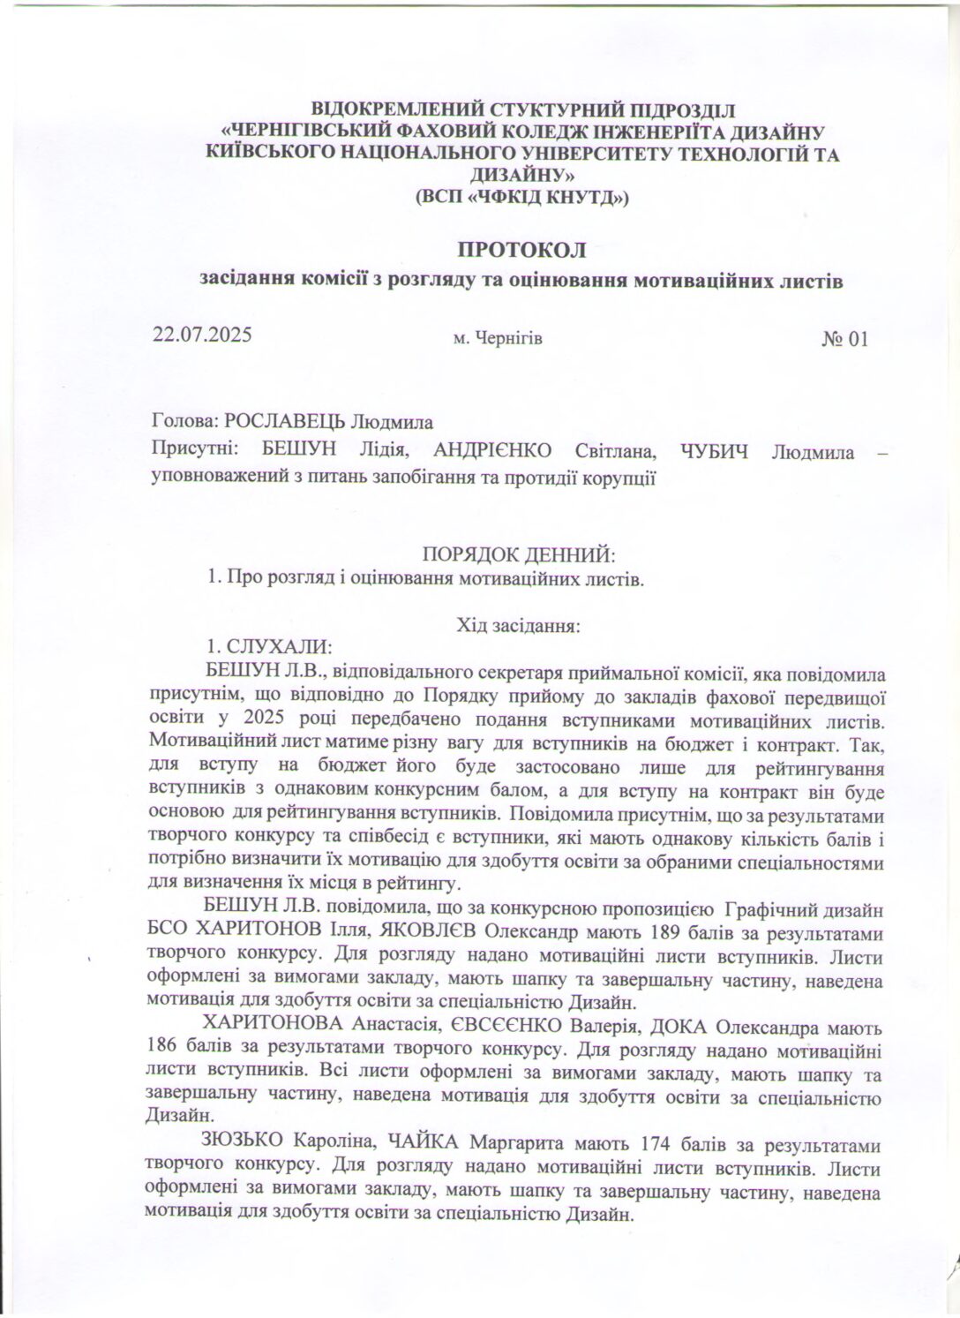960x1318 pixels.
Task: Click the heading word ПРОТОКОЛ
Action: coord(521,249)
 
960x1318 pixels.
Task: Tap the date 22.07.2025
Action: coord(203,335)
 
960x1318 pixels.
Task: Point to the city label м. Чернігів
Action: coord(497,338)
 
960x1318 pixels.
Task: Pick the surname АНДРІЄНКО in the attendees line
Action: coord(493,452)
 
